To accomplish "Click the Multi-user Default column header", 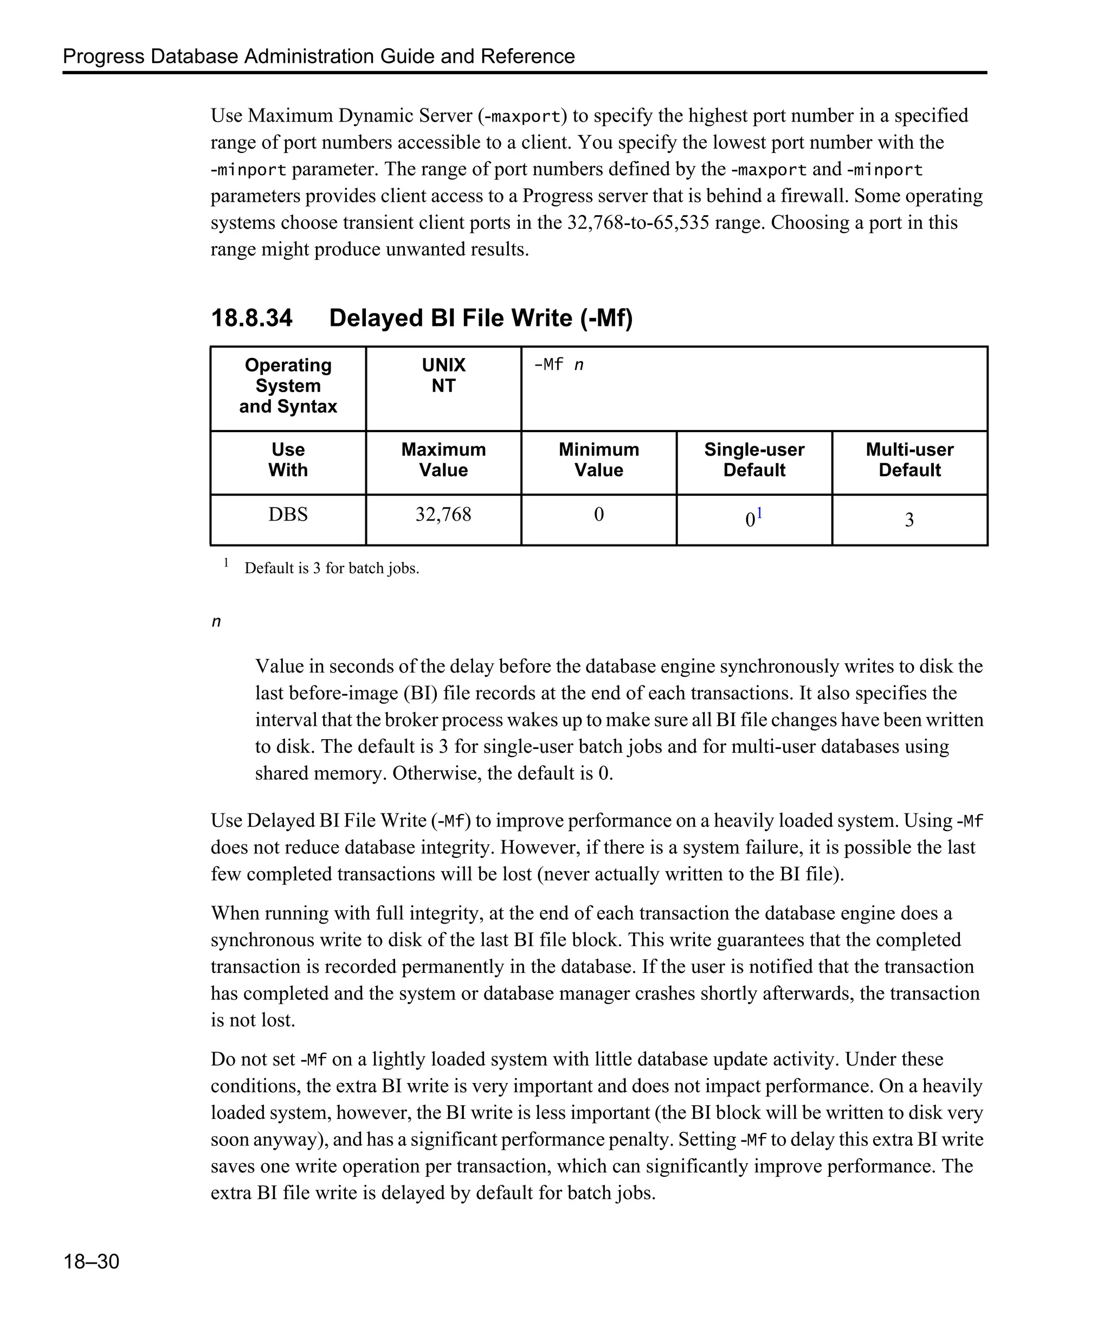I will coord(909,459).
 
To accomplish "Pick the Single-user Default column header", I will coord(753,459).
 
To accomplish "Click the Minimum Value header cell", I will coord(598,459).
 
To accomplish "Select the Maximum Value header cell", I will coord(443,459).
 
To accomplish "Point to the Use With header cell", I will coord(288,459).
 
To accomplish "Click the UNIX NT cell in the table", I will coord(443,375).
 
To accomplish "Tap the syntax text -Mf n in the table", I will coord(558,365).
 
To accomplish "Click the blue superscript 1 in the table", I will coord(759,513).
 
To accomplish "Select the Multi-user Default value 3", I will coord(909,520).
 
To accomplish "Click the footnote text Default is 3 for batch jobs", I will coord(331,568).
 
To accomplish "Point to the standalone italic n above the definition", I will coord(216,621).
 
